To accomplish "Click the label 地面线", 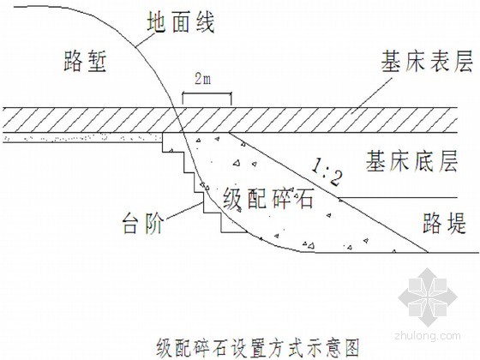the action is click(x=181, y=22).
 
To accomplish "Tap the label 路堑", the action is click(x=85, y=62).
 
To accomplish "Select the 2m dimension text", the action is click(x=203, y=79).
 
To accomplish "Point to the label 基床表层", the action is click(x=427, y=62).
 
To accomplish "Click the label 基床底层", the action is click(x=412, y=160).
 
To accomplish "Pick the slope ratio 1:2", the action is click(x=327, y=173).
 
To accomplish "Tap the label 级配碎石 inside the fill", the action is click(x=268, y=198).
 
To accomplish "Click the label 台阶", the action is click(x=143, y=223).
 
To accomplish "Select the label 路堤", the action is click(x=444, y=223).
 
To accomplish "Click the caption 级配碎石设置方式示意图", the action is click(x=258, y=347).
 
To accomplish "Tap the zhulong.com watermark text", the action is click(x=428, y=335).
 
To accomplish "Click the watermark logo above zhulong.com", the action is click(x=428, y=297).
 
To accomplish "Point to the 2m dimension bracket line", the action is click(x=207, y=93).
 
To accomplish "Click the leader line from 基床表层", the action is click(x=371, y=96).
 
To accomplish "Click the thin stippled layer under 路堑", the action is click(x=82, y=138).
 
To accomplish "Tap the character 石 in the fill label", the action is click(x=303, y=198).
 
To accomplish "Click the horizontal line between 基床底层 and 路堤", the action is click(x=398, y=197).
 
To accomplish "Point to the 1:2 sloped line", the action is click(x=328, y=193).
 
